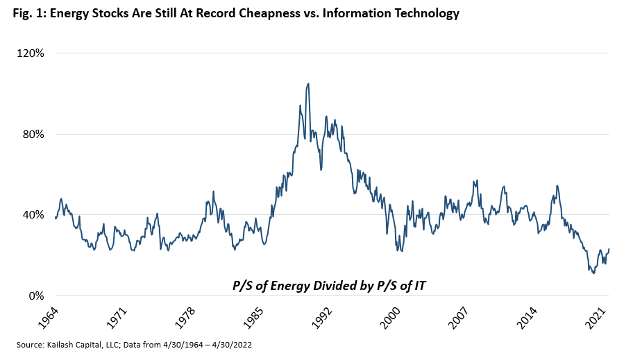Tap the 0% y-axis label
[x=37, y=295]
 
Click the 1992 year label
[x=319, y=316]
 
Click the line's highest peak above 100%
[x=308, y=83]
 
